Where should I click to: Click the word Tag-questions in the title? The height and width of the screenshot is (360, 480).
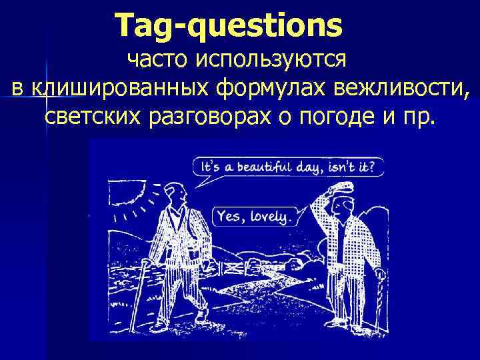[228, 25]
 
